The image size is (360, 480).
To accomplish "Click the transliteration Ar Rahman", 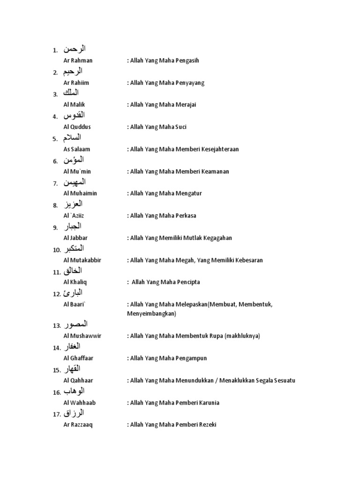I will click(x=78, y=60).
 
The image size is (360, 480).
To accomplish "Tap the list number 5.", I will click(x=55, y=139).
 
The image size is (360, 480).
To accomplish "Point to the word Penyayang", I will click(x=189, y=83).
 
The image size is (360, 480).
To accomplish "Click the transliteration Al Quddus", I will click(x=77, y=127).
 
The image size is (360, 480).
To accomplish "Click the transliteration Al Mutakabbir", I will click(x=82, y=260).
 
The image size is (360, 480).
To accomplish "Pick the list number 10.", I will click(x=57, y=250).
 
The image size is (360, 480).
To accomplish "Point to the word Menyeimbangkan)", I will click(x=151, y=314).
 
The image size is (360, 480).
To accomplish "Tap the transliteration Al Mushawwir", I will click(x=82, y=336).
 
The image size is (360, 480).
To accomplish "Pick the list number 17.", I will click(x=57, y=414).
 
